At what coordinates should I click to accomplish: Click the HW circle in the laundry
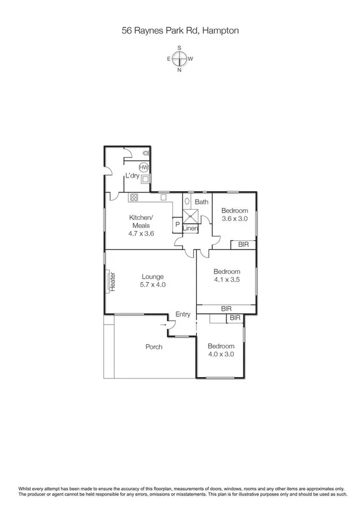[x=144, y=168]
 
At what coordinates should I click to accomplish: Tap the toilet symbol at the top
[x=145, y=154]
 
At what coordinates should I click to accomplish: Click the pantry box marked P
[x=177, y=225]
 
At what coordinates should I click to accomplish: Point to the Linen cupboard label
[x=190, y=229]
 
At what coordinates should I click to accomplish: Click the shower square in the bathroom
[x=190, y=216]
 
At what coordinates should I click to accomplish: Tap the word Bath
[x=202, y=202]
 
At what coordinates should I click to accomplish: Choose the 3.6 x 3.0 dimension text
[x=234, y=219]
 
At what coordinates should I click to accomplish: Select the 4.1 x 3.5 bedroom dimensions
[x=227, y=279]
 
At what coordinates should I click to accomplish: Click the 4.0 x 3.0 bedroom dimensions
[x=221, y=354]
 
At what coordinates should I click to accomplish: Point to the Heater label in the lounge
[x=112, y=281]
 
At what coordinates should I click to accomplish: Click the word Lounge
[x=153, y=276]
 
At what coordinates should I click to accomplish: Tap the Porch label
[x=154, y=347]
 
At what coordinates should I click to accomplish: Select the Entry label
[x=182, y=315]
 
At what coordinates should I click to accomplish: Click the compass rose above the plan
[x=179, y=59]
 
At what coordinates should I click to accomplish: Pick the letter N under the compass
[x=179, y=70]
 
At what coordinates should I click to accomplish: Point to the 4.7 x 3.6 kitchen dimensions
[x=141, y=234]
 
